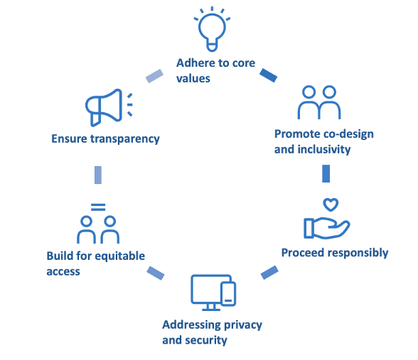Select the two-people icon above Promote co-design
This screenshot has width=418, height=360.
[318, 103]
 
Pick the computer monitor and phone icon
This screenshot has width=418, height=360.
[213, 292]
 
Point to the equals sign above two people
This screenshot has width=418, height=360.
[98, 207]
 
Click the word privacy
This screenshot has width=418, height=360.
[239, 324]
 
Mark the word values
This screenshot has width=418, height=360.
[193, 78]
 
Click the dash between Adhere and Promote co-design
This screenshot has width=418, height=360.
[268, 74]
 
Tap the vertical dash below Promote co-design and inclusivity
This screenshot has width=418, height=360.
[326, 174]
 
